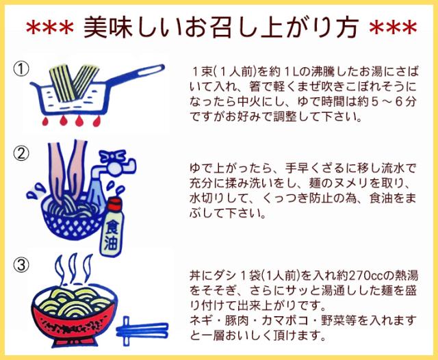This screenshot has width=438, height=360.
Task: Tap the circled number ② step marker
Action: pyautogui.click(x=23, y=153)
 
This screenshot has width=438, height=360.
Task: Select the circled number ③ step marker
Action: pyautogui.click(x=23, y=263)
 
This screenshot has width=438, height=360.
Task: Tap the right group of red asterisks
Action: pyautogui.click(x=391, y=29)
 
